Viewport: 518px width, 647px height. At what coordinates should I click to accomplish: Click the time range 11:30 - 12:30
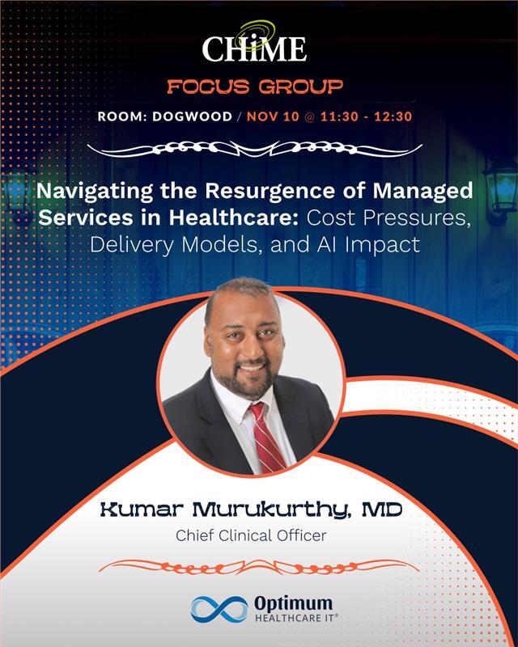tap(368, 116)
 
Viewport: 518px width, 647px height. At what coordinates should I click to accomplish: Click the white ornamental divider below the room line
tap(259, 150)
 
